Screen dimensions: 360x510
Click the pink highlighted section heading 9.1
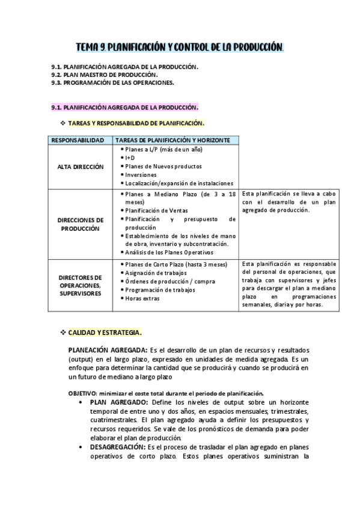coord(124,107)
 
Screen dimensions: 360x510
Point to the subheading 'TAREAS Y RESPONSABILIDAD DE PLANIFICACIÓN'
coord(136,123)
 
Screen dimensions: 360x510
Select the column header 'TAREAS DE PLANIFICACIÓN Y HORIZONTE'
coord(172,140)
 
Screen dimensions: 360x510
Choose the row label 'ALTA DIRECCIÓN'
coord(81,166)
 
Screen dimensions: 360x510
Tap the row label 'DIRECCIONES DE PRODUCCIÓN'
coord(81,224)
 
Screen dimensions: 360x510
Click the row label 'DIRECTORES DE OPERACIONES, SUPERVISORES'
coord(81,285)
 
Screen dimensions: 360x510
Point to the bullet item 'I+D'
coord(130,158)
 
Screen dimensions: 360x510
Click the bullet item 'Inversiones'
coord(142,174)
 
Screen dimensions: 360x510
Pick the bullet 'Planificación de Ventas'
coord(157,210)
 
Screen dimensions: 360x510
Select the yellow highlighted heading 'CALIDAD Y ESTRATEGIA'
coord(105,332)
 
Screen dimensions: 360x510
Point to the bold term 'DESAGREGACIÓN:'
coord(117,447)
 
